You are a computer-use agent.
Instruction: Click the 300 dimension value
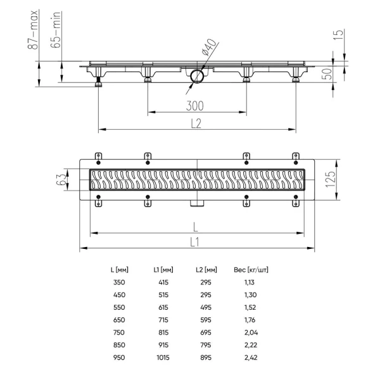(196, 104)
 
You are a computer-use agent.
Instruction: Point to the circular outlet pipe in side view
(196, 77)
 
